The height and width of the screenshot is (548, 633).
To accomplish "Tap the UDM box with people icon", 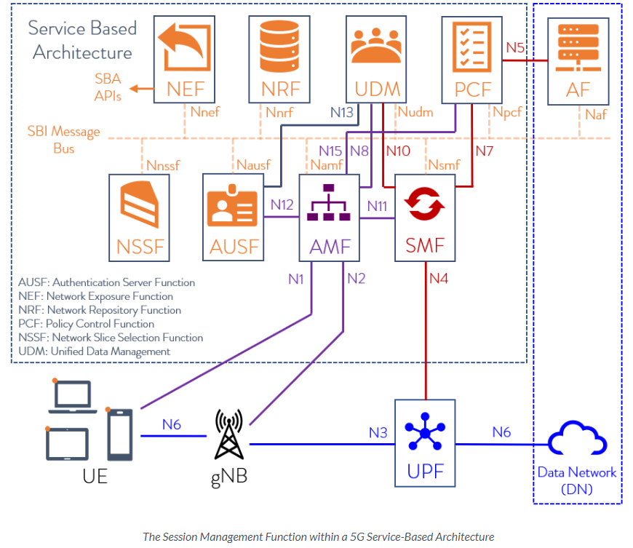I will (x=378, y=59).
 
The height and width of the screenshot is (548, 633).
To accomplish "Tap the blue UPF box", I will (x=424, y=442).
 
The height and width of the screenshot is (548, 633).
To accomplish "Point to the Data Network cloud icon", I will (x=577, y=440).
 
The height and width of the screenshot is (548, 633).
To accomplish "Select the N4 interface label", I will (x=440, y=277).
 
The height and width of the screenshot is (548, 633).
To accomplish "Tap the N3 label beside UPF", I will (x=378, y=432).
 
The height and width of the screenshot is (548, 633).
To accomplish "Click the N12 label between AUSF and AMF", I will (x=282, y=204).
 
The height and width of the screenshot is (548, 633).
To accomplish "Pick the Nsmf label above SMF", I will (x=443, y=165).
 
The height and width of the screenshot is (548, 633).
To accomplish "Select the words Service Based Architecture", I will (x=82, y=40).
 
